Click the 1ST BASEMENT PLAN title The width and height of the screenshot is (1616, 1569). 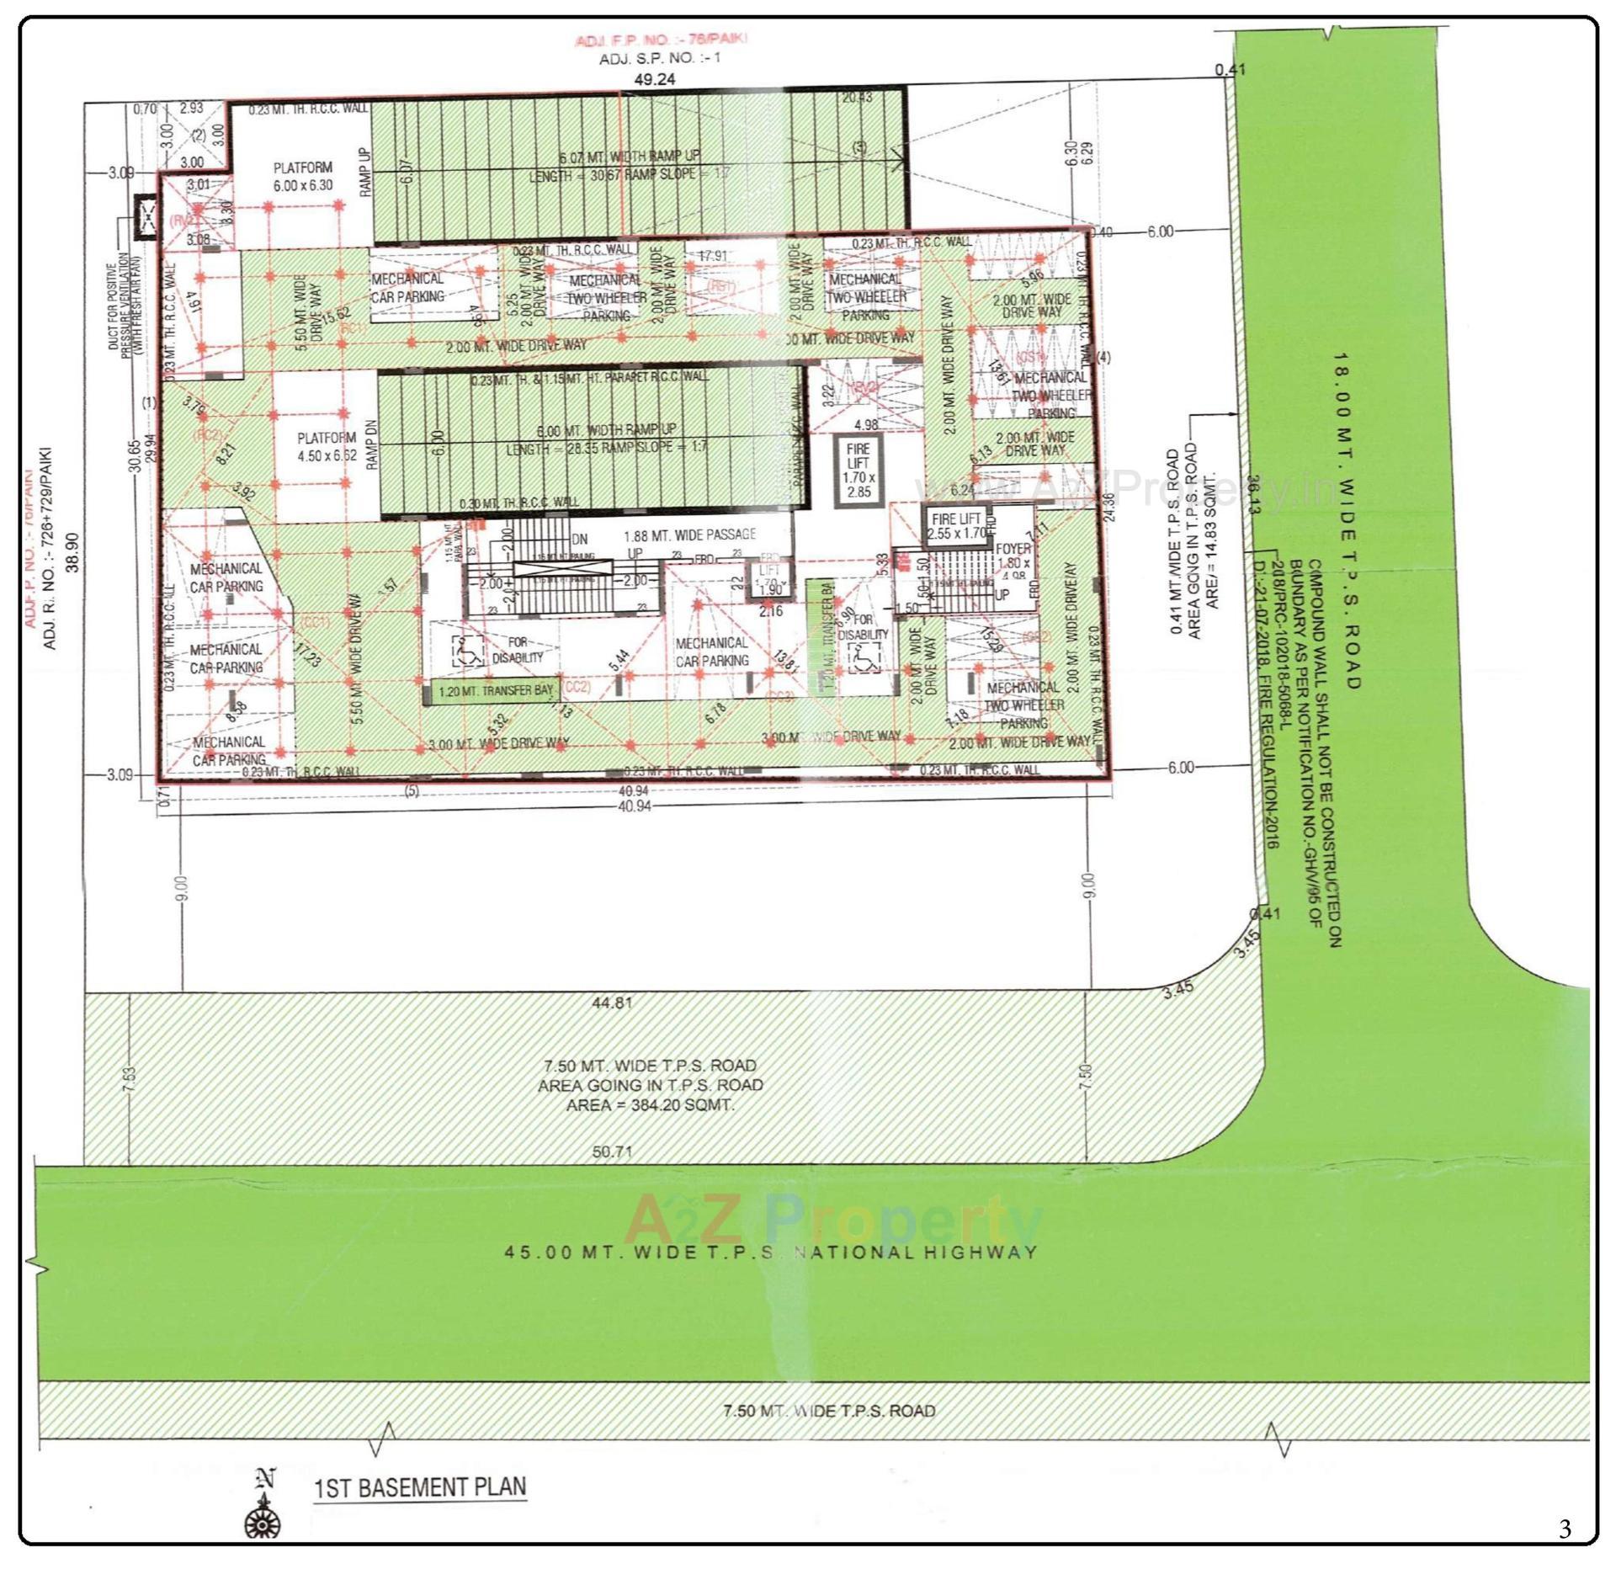coord(420,1487)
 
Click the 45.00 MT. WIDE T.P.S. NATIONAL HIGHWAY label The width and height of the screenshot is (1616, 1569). coord(770,1252)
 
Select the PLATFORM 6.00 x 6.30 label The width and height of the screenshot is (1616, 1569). coord(303,177)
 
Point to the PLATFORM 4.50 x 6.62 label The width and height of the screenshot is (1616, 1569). coord(327,447)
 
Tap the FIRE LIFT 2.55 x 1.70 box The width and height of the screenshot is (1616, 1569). coord(958,527)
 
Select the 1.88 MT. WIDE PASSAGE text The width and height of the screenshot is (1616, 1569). coord(689,535)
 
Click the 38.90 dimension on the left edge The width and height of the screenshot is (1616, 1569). coord(73,551)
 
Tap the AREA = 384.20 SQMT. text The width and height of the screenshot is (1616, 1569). coord(650,1104)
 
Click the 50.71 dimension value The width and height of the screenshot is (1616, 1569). coord(612,1151)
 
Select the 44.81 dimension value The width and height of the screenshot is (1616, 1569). coord(612,1003)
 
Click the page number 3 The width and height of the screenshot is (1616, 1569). coord(1564,1528)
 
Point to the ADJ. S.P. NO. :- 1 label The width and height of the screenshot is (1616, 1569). coord(659,58)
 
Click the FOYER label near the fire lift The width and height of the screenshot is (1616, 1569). coord(1013,549)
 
